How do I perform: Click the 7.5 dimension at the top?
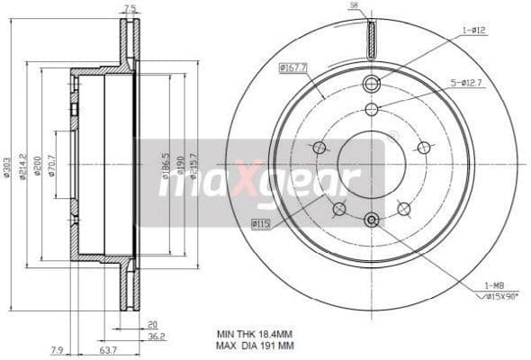[130, 10]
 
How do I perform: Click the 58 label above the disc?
[355, 6]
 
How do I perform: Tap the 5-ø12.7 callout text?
[467, 83]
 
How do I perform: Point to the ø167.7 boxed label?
[293, 66]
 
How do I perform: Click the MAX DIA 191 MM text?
[255, 346]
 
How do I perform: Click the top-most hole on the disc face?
[371, 84]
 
